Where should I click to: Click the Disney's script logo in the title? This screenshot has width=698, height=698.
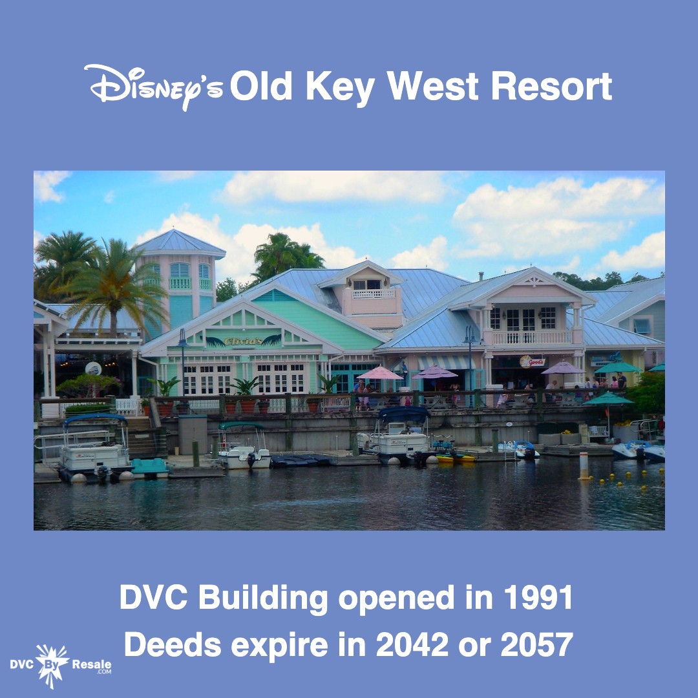pyautogui.click(x=153, y=87)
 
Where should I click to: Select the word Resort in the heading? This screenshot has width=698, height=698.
pyautogui.click(x=551, y=86)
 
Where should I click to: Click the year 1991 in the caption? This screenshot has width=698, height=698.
pyautogui.click(x=538, y=598)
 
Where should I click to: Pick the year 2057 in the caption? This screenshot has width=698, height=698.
pyautogui.click(x=537, y=644)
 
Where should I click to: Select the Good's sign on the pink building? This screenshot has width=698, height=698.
pyautogui.click(x=532, y=361)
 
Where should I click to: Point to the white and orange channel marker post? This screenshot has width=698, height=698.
pyautogui.click(x=584, y=465)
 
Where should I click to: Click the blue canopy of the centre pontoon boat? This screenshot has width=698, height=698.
pyautogui.click(x=403, y=413)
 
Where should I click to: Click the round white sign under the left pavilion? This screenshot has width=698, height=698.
pyautogui.click(x=93, y=368)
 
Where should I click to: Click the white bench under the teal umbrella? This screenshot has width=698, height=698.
pyautogui.click(x=598, y=430)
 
